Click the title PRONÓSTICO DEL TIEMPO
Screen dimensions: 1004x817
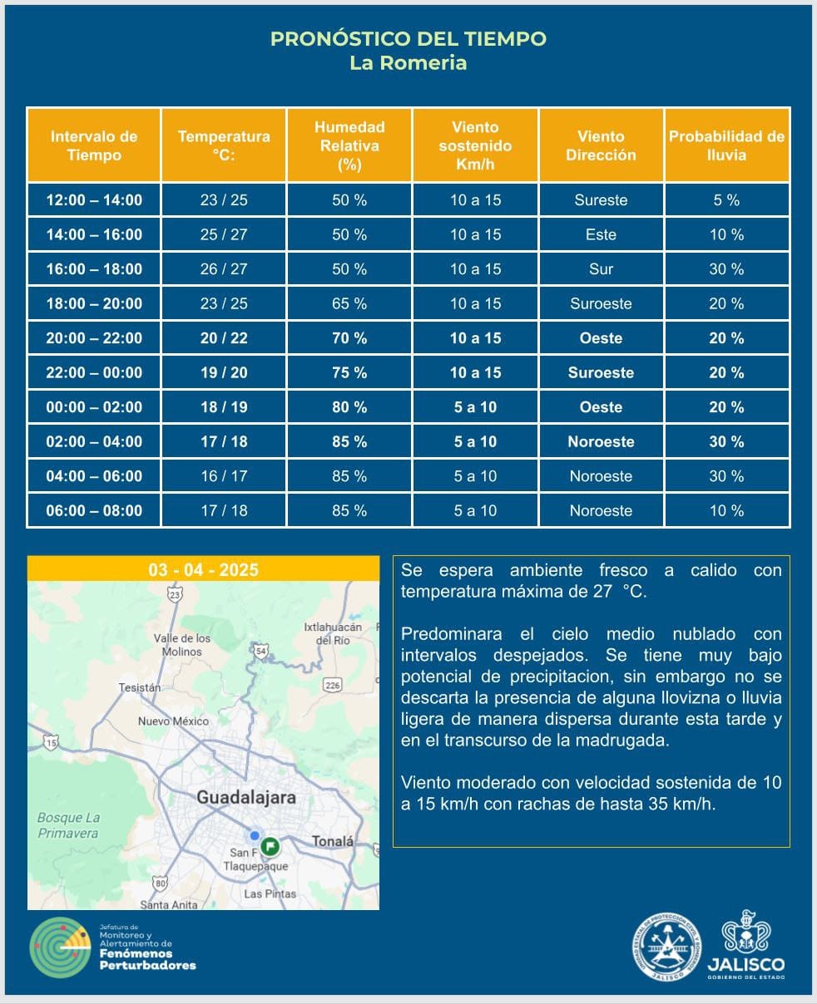pos(408,39)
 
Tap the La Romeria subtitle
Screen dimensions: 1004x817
pos(408,63)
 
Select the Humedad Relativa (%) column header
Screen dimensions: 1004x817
pos(349,145)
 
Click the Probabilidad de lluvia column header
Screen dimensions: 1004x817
pos(726,145)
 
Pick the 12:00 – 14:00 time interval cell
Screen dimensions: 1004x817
pos(94,200)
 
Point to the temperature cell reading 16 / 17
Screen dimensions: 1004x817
pos(224,476)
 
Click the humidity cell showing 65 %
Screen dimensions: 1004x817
pos(349,304)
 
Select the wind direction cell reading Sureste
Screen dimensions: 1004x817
pos(601,200)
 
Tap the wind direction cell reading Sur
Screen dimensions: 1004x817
pos(601,269)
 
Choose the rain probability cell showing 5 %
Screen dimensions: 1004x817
pos(726,200)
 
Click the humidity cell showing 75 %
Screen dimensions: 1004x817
pos(349,373)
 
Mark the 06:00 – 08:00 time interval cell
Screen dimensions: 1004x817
pos(94,511)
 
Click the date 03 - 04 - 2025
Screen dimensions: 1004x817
pos(203,570)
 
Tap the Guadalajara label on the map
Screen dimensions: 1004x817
pos(246,798)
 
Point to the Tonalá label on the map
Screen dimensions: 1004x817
pos(333,841)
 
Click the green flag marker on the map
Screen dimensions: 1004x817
pos(270,846)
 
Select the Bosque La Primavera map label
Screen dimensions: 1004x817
pos(68,825)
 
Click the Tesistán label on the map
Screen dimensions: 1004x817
pos(140,688)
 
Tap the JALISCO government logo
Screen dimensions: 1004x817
pos(745,946)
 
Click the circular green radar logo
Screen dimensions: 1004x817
pos(59,947)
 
